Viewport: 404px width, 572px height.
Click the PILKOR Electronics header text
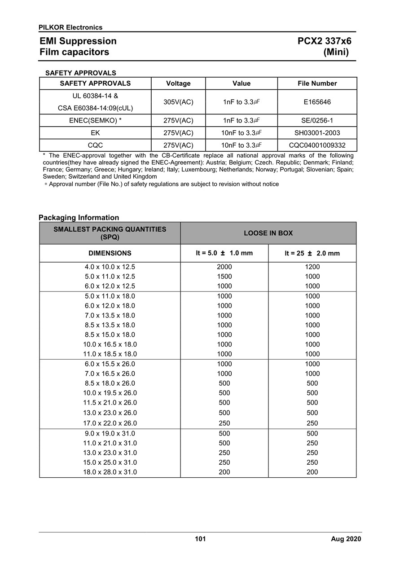pyautogui.click(x=70, y=27)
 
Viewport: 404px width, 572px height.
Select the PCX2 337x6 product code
pyautogui.click(x=325, y=41)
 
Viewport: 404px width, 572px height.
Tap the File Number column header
pyautogui.click(x=317, y=83)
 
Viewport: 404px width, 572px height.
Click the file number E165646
pyautogui.click(x=317, y=102)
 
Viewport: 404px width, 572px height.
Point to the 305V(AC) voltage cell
pyautogui.click(x=178, y=102)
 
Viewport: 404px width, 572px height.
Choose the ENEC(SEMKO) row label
pyautogui.click(x=95, y=120)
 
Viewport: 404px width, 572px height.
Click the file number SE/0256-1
pyautogui.click(x=317, y=120)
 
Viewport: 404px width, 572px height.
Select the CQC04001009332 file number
pyautogui.click(x=317, y=145)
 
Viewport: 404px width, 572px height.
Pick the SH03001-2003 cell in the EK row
pyautogui.click(x=317, y=133)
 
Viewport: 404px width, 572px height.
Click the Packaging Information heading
pyautogui.click(x=79, y=218)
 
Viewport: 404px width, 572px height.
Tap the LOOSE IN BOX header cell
pyautogui.click(x=268, y=233)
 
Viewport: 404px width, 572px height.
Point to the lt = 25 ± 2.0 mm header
pyautogui.click(x=312, y=253)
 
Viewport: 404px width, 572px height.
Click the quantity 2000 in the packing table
pyautogui.click(x=224, y=267)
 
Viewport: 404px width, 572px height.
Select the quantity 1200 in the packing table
pyautogui.click(x=312, y=267)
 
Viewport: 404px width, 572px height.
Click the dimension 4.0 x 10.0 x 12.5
pyautogui.click(x=110, y=267)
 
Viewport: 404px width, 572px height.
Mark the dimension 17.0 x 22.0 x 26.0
pyautogui.click(x=110, y=423)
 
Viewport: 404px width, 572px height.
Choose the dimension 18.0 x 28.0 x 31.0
pyautogui.click(x=110, y=472)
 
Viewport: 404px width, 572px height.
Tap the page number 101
pyautogui.click(x=200, y=539)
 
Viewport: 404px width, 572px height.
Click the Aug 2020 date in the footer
pyautogui.click(x=346, y=539)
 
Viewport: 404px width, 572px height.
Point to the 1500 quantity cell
pyautogui.click(x=224, y=277)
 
